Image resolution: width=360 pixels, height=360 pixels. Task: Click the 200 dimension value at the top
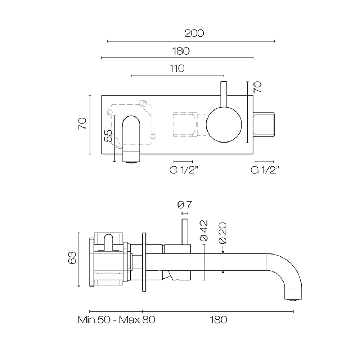pyautogui.click(x=194, y=33)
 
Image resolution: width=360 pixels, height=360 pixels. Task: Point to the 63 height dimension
pyautogui.click(x=72, y=258)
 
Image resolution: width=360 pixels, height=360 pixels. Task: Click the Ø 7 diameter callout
pyautogui.click(x=184, y=205)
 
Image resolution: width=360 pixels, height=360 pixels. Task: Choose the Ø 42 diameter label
pyautogui.click(x=204, y=230)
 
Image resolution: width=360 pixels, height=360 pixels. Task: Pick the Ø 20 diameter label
pyautogui.click(x=222, y=233)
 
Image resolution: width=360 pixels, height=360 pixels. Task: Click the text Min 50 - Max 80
pyautogui.click(x=116, y=320)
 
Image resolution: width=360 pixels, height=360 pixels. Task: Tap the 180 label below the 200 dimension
pyautogui.click(x=180, y=51)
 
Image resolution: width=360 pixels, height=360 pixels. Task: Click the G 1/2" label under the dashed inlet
pyautogui.click(x=184, y=170)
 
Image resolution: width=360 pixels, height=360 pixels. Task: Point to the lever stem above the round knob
pyautogui.click(x=223, y=94)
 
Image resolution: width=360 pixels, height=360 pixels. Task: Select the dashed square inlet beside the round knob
pyautogui.click(x=185, y=125)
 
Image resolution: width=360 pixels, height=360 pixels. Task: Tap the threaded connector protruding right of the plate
pyautogui.click(x=265, y=125)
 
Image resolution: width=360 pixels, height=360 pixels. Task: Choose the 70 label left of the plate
pyautogui.click(x=82, y=123)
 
